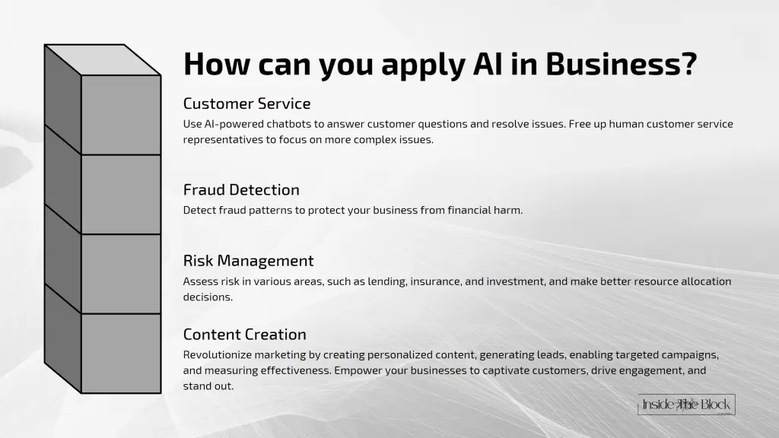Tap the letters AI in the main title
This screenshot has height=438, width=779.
[478, 65]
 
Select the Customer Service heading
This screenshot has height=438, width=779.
[246, 103]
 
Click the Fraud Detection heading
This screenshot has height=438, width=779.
[241, 189]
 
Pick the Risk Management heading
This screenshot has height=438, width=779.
[248, 261]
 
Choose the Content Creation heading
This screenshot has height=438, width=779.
[244, 335]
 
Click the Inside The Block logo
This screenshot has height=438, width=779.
[686, 405]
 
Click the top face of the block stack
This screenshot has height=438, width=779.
[103, 60]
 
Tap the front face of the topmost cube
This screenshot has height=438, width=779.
[120, 115]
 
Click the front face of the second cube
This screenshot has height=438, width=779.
[120, 194]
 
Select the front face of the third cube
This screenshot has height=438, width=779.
[120, 274]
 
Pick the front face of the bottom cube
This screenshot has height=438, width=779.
[120, 353]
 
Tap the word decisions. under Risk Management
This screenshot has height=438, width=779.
[208, 297]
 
